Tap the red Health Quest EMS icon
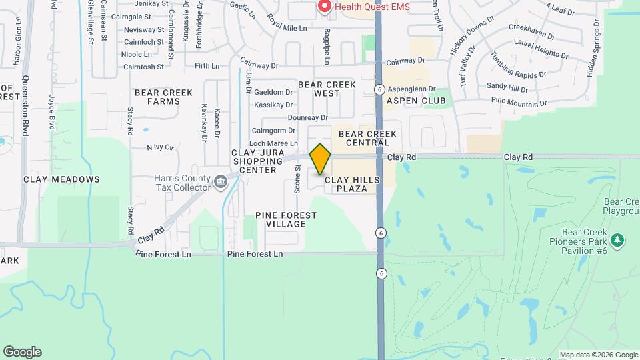coord(325,7)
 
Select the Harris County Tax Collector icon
coord(219,181)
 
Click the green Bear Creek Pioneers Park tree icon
coord(617,239)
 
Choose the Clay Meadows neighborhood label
coord(61,179)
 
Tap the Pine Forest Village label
coord(286,219)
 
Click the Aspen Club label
coord(415,101)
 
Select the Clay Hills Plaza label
coord(353,184)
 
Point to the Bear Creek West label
coord(327,89)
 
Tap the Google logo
coord(22,352)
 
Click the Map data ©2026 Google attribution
coord(598,355)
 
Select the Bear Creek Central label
coord(367,138)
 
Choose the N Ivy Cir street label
coord(160,147)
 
